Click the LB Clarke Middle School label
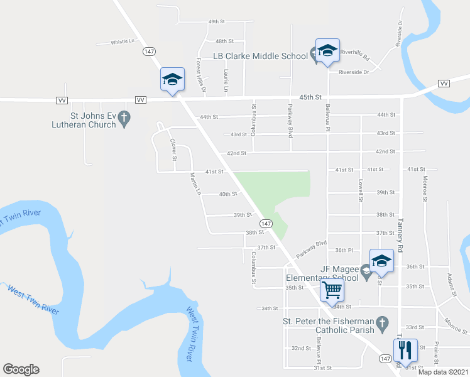260,56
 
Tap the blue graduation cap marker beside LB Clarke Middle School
327,51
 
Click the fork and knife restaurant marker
405,350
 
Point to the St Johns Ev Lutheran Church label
84,120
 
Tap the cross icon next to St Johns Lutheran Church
124,117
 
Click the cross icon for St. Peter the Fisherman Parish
381,325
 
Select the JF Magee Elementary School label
322,273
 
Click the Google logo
21,369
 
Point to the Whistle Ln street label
123,42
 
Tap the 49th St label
217,22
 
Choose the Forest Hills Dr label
200,75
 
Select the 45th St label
310,97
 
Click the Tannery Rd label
399,230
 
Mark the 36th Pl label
344,250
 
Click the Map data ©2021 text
442,371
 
